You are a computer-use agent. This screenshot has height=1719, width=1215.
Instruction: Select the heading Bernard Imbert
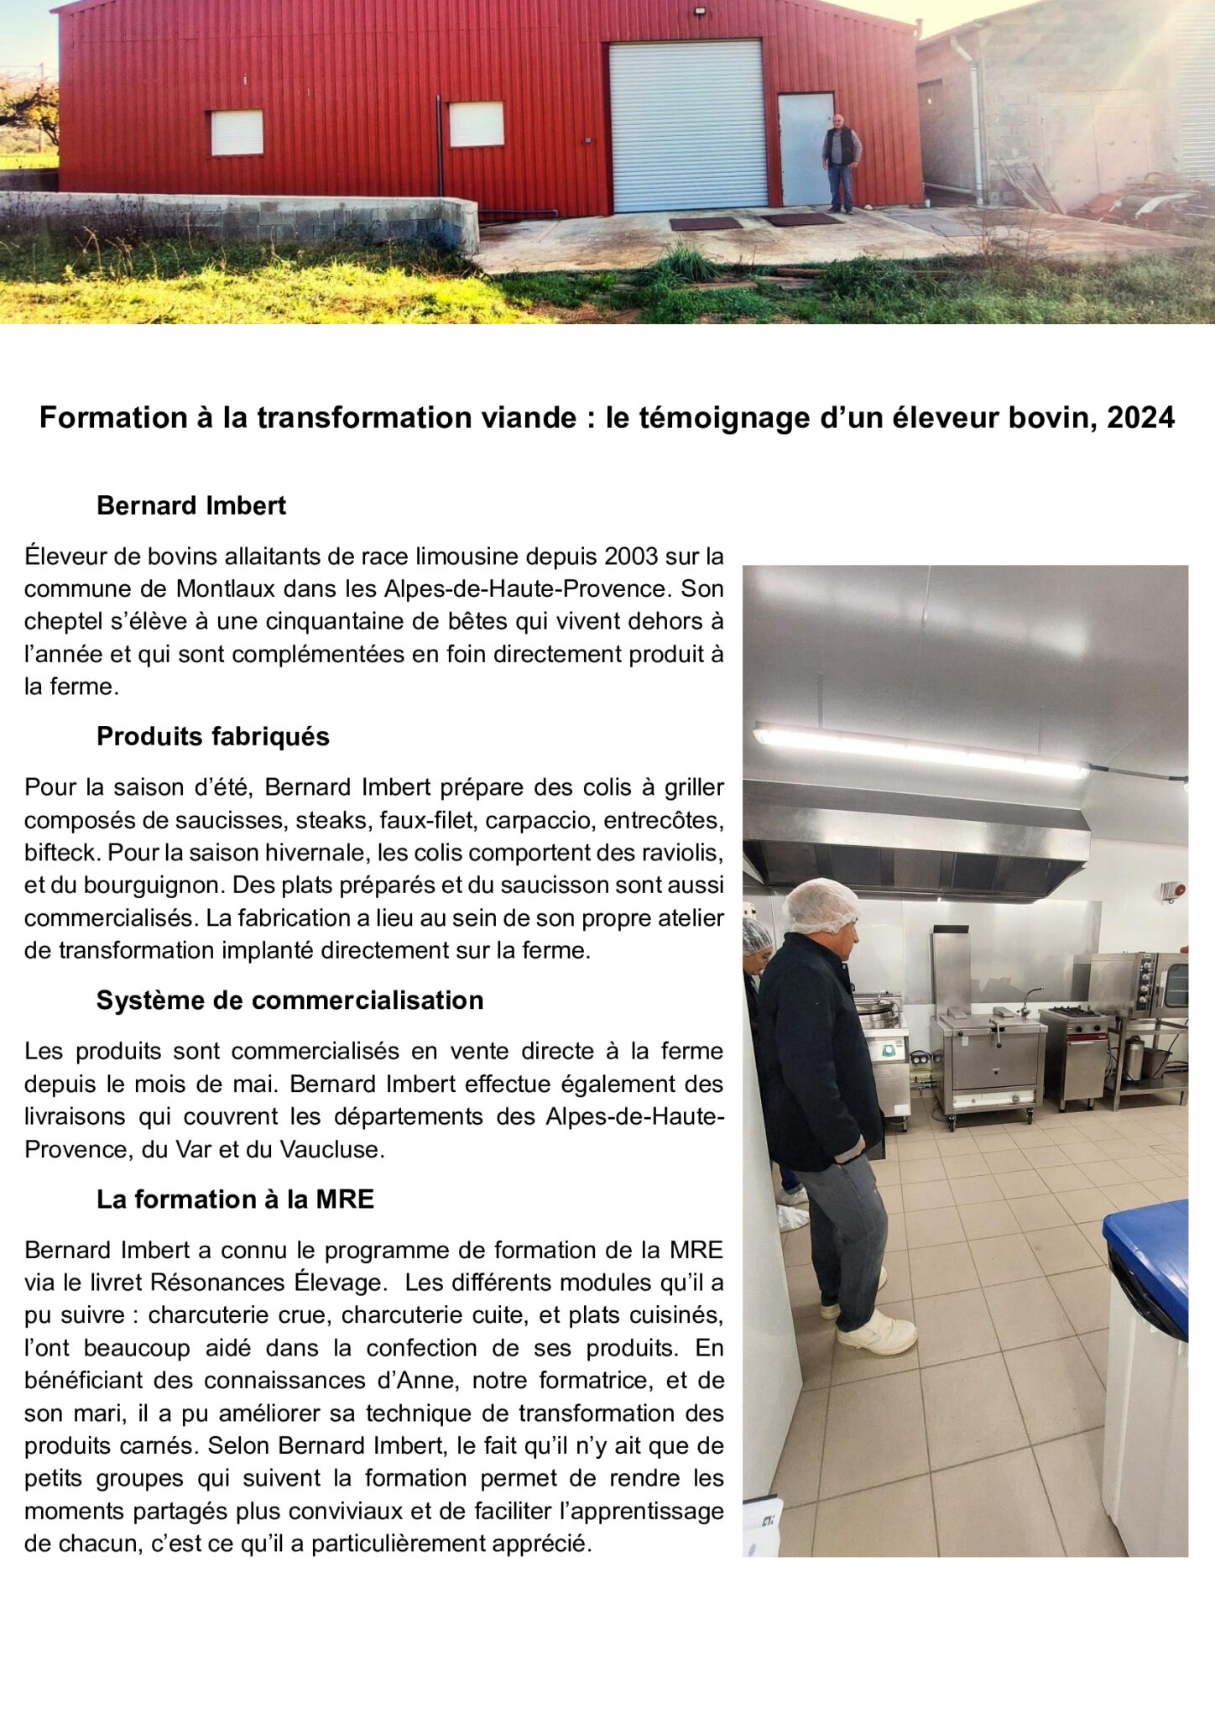[x=191, y=505]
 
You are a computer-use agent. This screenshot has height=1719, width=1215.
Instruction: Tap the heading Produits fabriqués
[x=212, y=736]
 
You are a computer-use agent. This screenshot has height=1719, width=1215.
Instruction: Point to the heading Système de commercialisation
[x=289, y=1000]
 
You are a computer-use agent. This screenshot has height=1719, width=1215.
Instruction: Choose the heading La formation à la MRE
[x=235, y=1199]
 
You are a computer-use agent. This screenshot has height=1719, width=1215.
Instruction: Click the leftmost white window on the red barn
[x=237, y=133]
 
